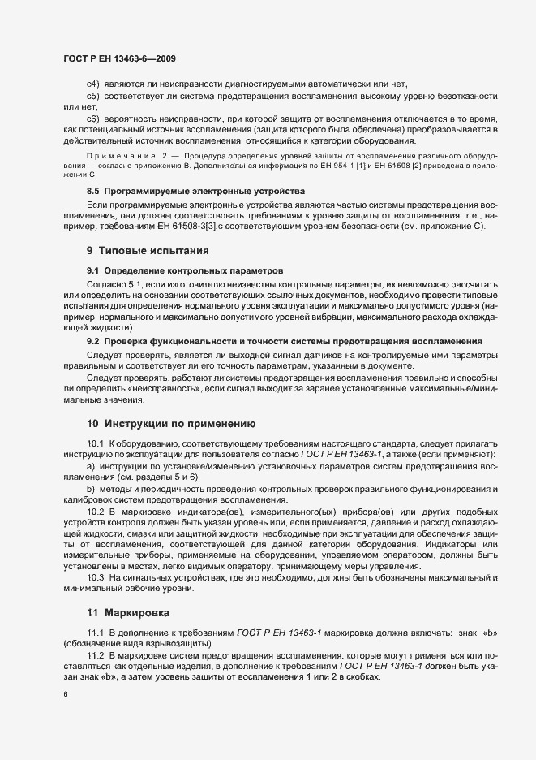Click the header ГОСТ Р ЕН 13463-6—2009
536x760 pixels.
click(x=119, y=58)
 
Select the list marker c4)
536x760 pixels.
click(x=92, y=85)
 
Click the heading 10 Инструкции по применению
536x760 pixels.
click(x=171, y=423)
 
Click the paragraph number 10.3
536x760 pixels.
click(x=96, y=576)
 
